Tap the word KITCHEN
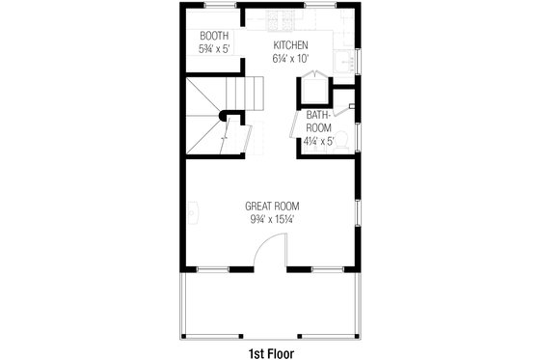[x=289, y=46]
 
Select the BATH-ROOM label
[x=319, y=122]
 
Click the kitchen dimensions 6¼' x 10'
[x=289, y=58]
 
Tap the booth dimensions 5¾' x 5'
[x=214, y=47]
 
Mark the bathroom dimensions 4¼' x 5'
[x=318, y=141]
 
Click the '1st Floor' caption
[x=270, y=351]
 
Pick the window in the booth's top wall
[x=214, y=8]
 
